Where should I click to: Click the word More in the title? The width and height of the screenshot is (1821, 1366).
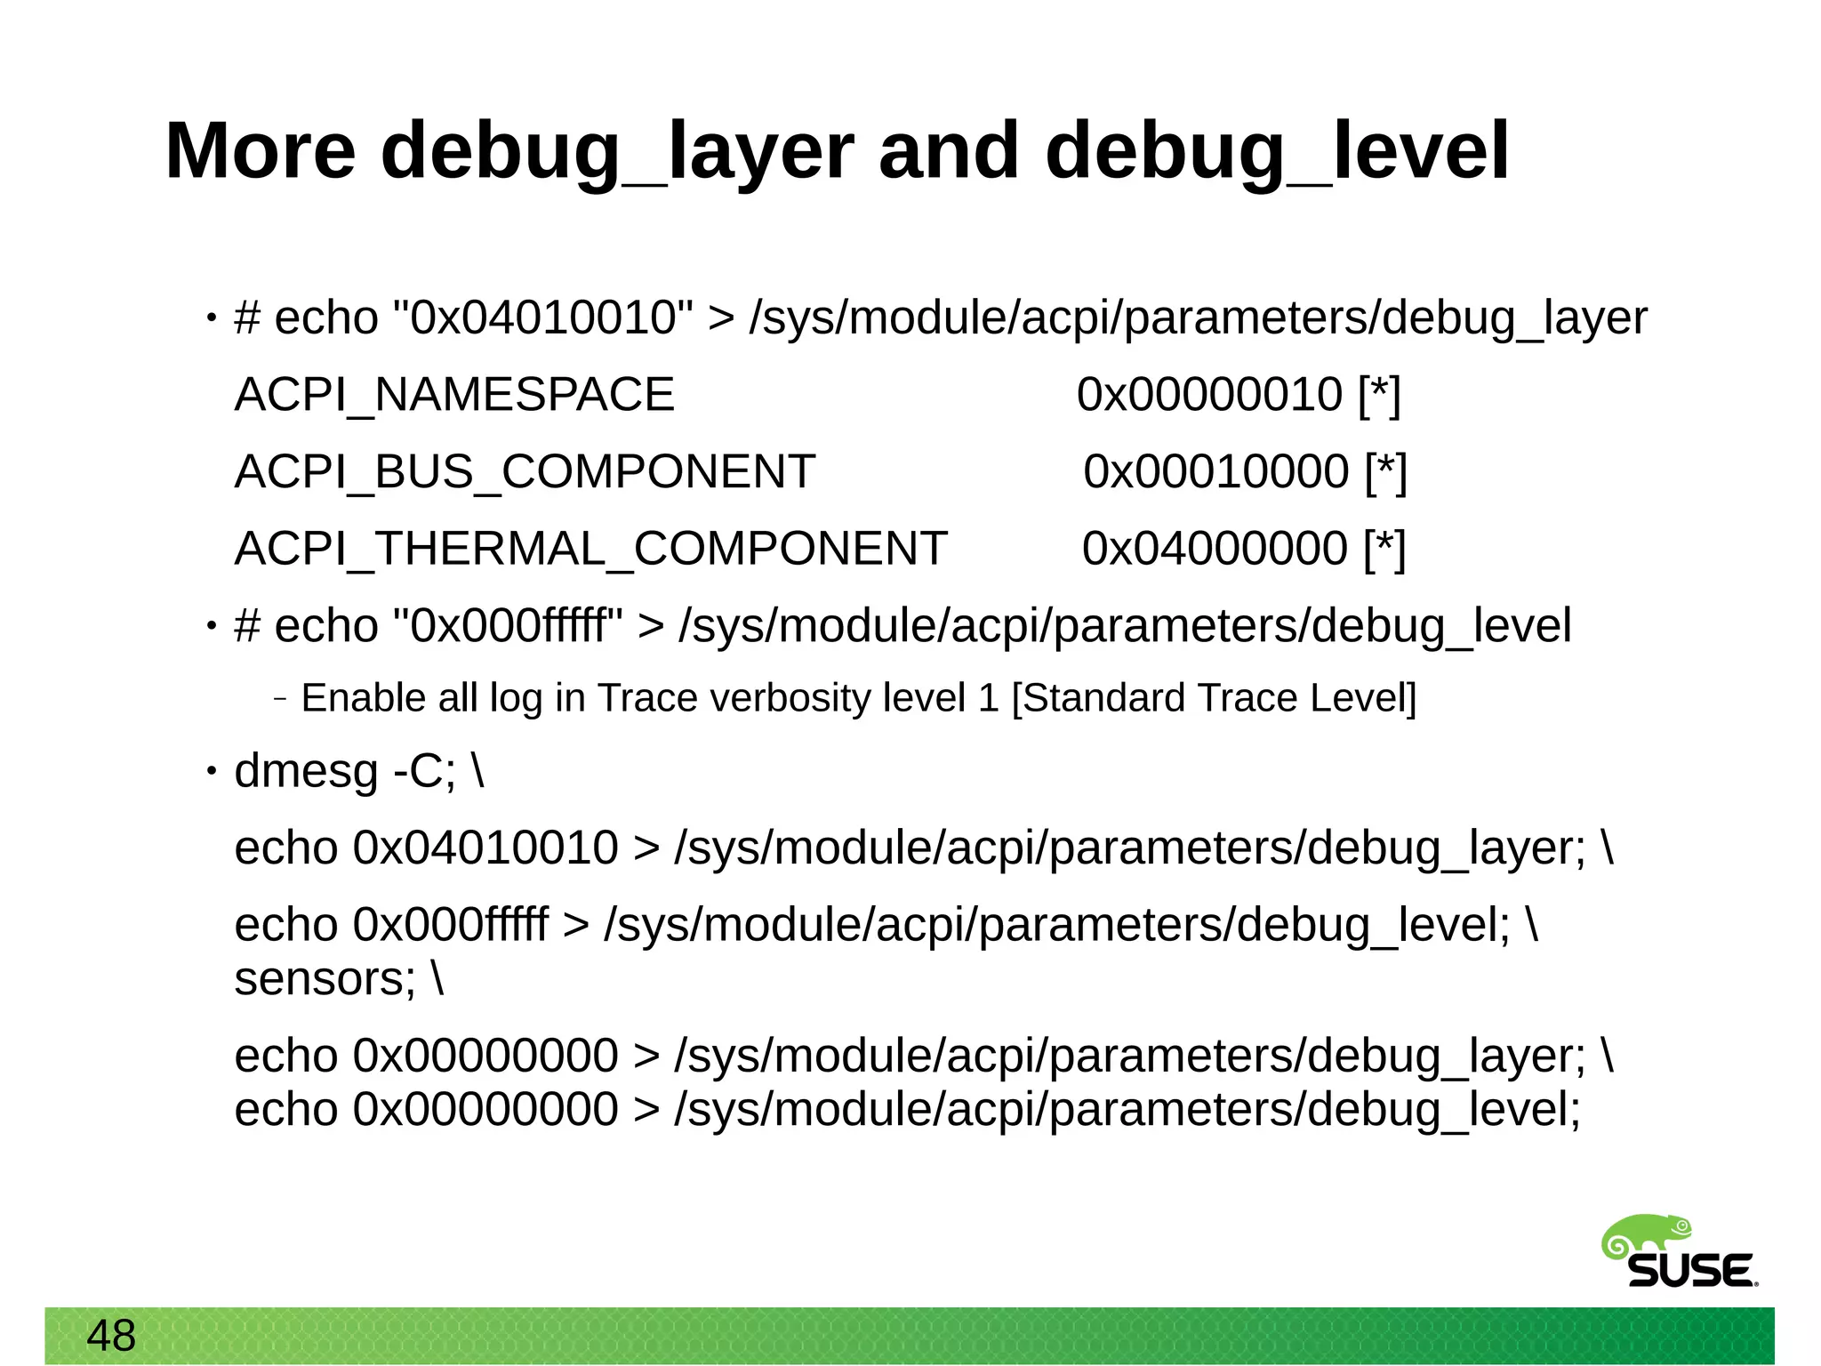pos(260,151)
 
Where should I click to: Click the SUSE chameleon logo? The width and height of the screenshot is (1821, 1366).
pos(1678,1252)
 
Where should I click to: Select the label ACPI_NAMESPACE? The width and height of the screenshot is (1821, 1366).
pos(454,395)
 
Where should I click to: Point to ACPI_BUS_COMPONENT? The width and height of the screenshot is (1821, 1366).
pos(525,471)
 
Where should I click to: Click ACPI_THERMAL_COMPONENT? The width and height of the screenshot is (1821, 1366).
pos(590,549)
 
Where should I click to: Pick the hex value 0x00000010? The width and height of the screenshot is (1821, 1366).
pos(1209,395)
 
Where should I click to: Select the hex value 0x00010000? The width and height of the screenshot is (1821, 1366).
pos(1215,471)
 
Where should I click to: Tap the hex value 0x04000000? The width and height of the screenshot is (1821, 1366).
pos(1215,549)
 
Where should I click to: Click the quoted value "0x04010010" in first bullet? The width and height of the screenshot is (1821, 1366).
pos(542,318)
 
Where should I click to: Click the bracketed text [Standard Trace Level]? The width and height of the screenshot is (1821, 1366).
pos(1214,698)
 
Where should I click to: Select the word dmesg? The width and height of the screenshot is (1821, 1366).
pos(306,771)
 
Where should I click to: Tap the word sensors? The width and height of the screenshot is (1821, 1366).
pos(325,979)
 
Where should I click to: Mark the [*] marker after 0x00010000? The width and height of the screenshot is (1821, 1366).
pos(1386,471)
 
